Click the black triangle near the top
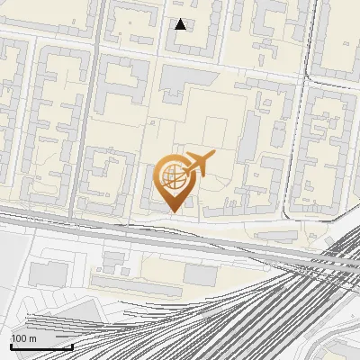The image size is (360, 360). click(x=181, y=24)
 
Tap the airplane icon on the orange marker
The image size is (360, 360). click(x=197, y=165)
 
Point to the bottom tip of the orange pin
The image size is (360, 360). click(x=173, y=211)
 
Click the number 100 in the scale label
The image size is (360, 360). click(x=19, y=338)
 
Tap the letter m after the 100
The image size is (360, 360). click(x=32, y=338)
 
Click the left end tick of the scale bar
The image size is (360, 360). click(x=11, y=345)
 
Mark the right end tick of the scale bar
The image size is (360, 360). click(x=72, y=345)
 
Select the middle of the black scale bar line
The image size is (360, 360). click(x=41, y=346)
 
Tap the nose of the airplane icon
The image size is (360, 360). click(x=214, y=157)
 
